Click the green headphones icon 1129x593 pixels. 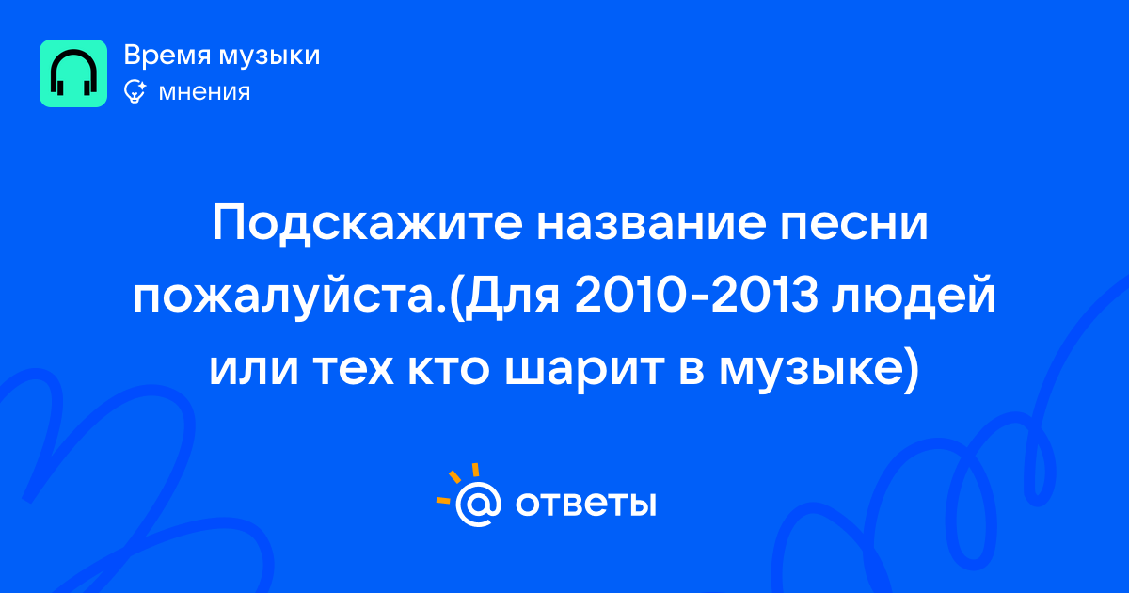[73, 73]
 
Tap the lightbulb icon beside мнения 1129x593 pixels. [135, 92]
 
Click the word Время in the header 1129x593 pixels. [167, 55]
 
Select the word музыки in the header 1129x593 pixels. [270, 56]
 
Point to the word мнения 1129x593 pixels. [204, 92]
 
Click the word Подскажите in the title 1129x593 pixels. [367, 224]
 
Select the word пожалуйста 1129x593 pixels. [289, 296]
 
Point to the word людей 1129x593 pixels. [914, 296]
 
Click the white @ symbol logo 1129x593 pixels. [478, 505]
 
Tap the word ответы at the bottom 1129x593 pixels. [585, 504]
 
